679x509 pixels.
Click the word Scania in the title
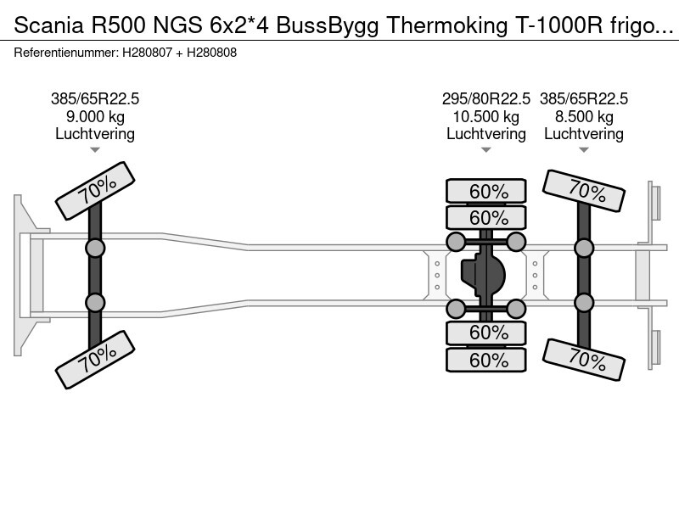click(48, 25)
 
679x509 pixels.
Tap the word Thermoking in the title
click(447, 26)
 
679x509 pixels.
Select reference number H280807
click(147, 53)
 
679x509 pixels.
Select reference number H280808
click(211, 53)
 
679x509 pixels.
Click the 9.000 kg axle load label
click(95, 117)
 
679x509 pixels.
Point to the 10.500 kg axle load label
click(485, 117)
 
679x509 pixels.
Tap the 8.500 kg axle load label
click(584, 117)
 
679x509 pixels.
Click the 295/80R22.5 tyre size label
click(485, 98)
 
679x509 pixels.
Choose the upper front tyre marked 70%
click(95, 190)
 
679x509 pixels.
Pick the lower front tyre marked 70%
click(95, 359)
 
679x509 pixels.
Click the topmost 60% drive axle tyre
click(486, 191)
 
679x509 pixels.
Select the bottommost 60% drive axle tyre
click(486, 360)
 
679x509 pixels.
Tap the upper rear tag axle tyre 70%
click(584, 190)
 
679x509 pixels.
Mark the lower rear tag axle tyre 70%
click(584, 359)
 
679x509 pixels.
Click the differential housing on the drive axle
click(483, 275)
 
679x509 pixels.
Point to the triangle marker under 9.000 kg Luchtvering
click(95, 150)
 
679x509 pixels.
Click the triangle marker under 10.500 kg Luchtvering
click(485, 150)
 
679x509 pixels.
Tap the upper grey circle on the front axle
click(95, 249)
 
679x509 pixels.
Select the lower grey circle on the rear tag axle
click(584, 303)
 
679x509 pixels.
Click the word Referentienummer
click(66, 53)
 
